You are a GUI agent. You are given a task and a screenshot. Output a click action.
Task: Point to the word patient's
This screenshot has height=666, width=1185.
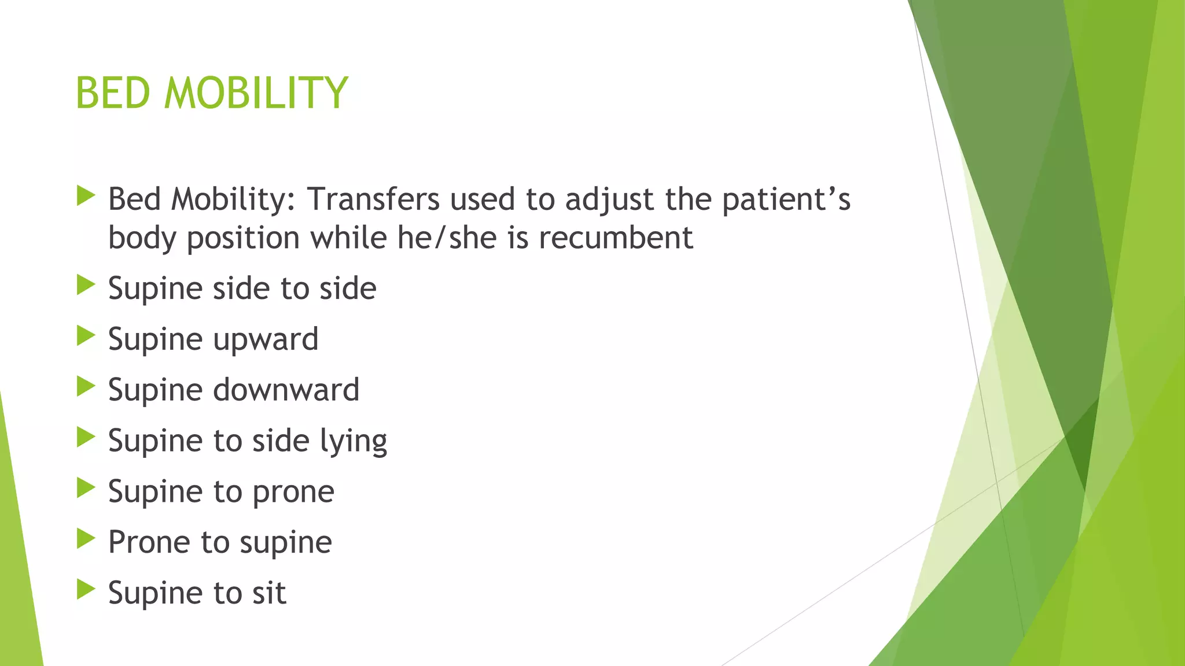tap(786, 200)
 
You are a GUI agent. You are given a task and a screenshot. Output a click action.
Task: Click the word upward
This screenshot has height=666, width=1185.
tap(266, 340)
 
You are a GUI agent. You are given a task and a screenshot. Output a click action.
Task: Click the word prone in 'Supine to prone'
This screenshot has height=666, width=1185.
tap(293, 493)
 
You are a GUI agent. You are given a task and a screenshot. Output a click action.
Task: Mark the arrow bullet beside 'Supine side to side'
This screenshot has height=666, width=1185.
tap(86, 285)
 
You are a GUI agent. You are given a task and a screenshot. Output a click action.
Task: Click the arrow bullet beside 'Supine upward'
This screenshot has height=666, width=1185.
tap(86, 336)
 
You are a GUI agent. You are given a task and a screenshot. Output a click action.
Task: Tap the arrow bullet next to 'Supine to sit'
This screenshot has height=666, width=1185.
tap(86, 590)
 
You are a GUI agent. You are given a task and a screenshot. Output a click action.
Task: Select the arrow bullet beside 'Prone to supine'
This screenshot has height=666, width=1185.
tap(86, 539)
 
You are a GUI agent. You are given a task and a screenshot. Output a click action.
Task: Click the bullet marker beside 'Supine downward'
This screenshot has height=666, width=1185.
tap(86, 387)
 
